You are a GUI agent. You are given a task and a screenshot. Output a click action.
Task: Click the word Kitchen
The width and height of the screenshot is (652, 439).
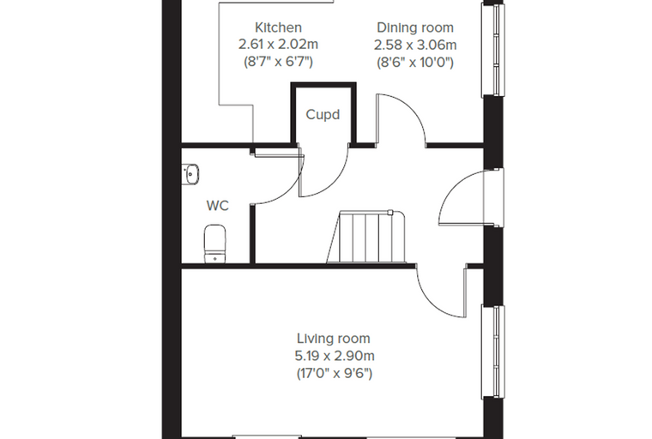[x=278, y=27]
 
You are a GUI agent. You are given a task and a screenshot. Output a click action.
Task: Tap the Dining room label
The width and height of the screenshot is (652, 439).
[x=415, y=27]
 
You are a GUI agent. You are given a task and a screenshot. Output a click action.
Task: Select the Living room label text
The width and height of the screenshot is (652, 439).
[x=334, y=339]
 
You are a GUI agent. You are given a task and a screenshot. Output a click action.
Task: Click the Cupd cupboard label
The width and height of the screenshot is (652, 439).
[x=323, y=114]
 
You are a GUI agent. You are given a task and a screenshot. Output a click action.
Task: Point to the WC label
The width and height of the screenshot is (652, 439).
[x=217, y=206]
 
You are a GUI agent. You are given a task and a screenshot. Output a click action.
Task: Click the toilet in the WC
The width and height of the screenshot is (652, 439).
[x=214, y=244]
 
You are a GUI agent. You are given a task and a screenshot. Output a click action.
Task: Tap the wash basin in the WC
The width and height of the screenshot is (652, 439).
[x=190, y=174]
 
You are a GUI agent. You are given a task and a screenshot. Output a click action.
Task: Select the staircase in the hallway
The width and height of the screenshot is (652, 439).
[x=366, y=237]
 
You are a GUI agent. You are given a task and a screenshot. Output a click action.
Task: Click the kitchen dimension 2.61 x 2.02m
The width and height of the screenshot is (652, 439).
[x=278, y=44]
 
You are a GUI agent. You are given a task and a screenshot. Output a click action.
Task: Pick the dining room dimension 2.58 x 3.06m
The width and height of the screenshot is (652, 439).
[x=415, y=45]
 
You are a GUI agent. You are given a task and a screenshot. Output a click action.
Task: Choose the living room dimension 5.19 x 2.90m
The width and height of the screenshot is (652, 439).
[x=335, y=356]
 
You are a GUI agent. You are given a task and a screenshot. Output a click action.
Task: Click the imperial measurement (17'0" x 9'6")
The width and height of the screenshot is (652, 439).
[x=335, y=373]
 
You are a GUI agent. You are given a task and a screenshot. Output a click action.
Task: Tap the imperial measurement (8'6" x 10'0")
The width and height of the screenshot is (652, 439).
[x=415, y=62]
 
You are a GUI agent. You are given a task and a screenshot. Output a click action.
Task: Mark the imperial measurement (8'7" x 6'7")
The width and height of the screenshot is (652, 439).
[x=278, y=62]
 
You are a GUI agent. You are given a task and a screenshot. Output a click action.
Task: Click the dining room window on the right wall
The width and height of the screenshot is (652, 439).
[x=492, y=50]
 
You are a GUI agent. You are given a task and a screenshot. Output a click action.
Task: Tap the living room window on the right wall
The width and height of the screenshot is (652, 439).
[x=492, y=352]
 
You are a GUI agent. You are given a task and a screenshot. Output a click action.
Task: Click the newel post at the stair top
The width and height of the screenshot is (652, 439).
[x=390, y=213]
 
